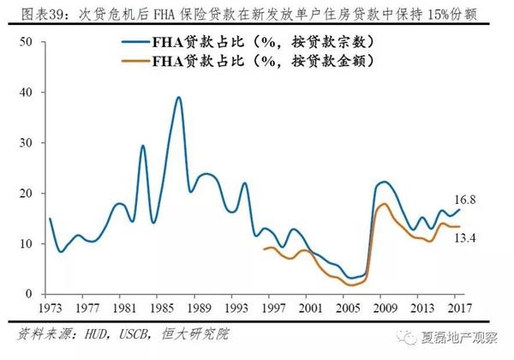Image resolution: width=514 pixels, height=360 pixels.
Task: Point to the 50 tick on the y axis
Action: tap(26, 42)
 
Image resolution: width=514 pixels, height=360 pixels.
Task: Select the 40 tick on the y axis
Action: tap(26, 93)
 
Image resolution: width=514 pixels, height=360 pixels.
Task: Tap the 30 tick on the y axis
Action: tap(26, 143)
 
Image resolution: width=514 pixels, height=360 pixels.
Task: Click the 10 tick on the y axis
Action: tap(26, 243)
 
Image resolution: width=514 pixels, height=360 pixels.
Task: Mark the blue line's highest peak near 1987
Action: tap(178, 98)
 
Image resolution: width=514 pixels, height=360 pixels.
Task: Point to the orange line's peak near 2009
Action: tap(384, 204)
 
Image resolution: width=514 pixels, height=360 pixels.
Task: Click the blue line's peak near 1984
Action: tap(143, 147)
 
